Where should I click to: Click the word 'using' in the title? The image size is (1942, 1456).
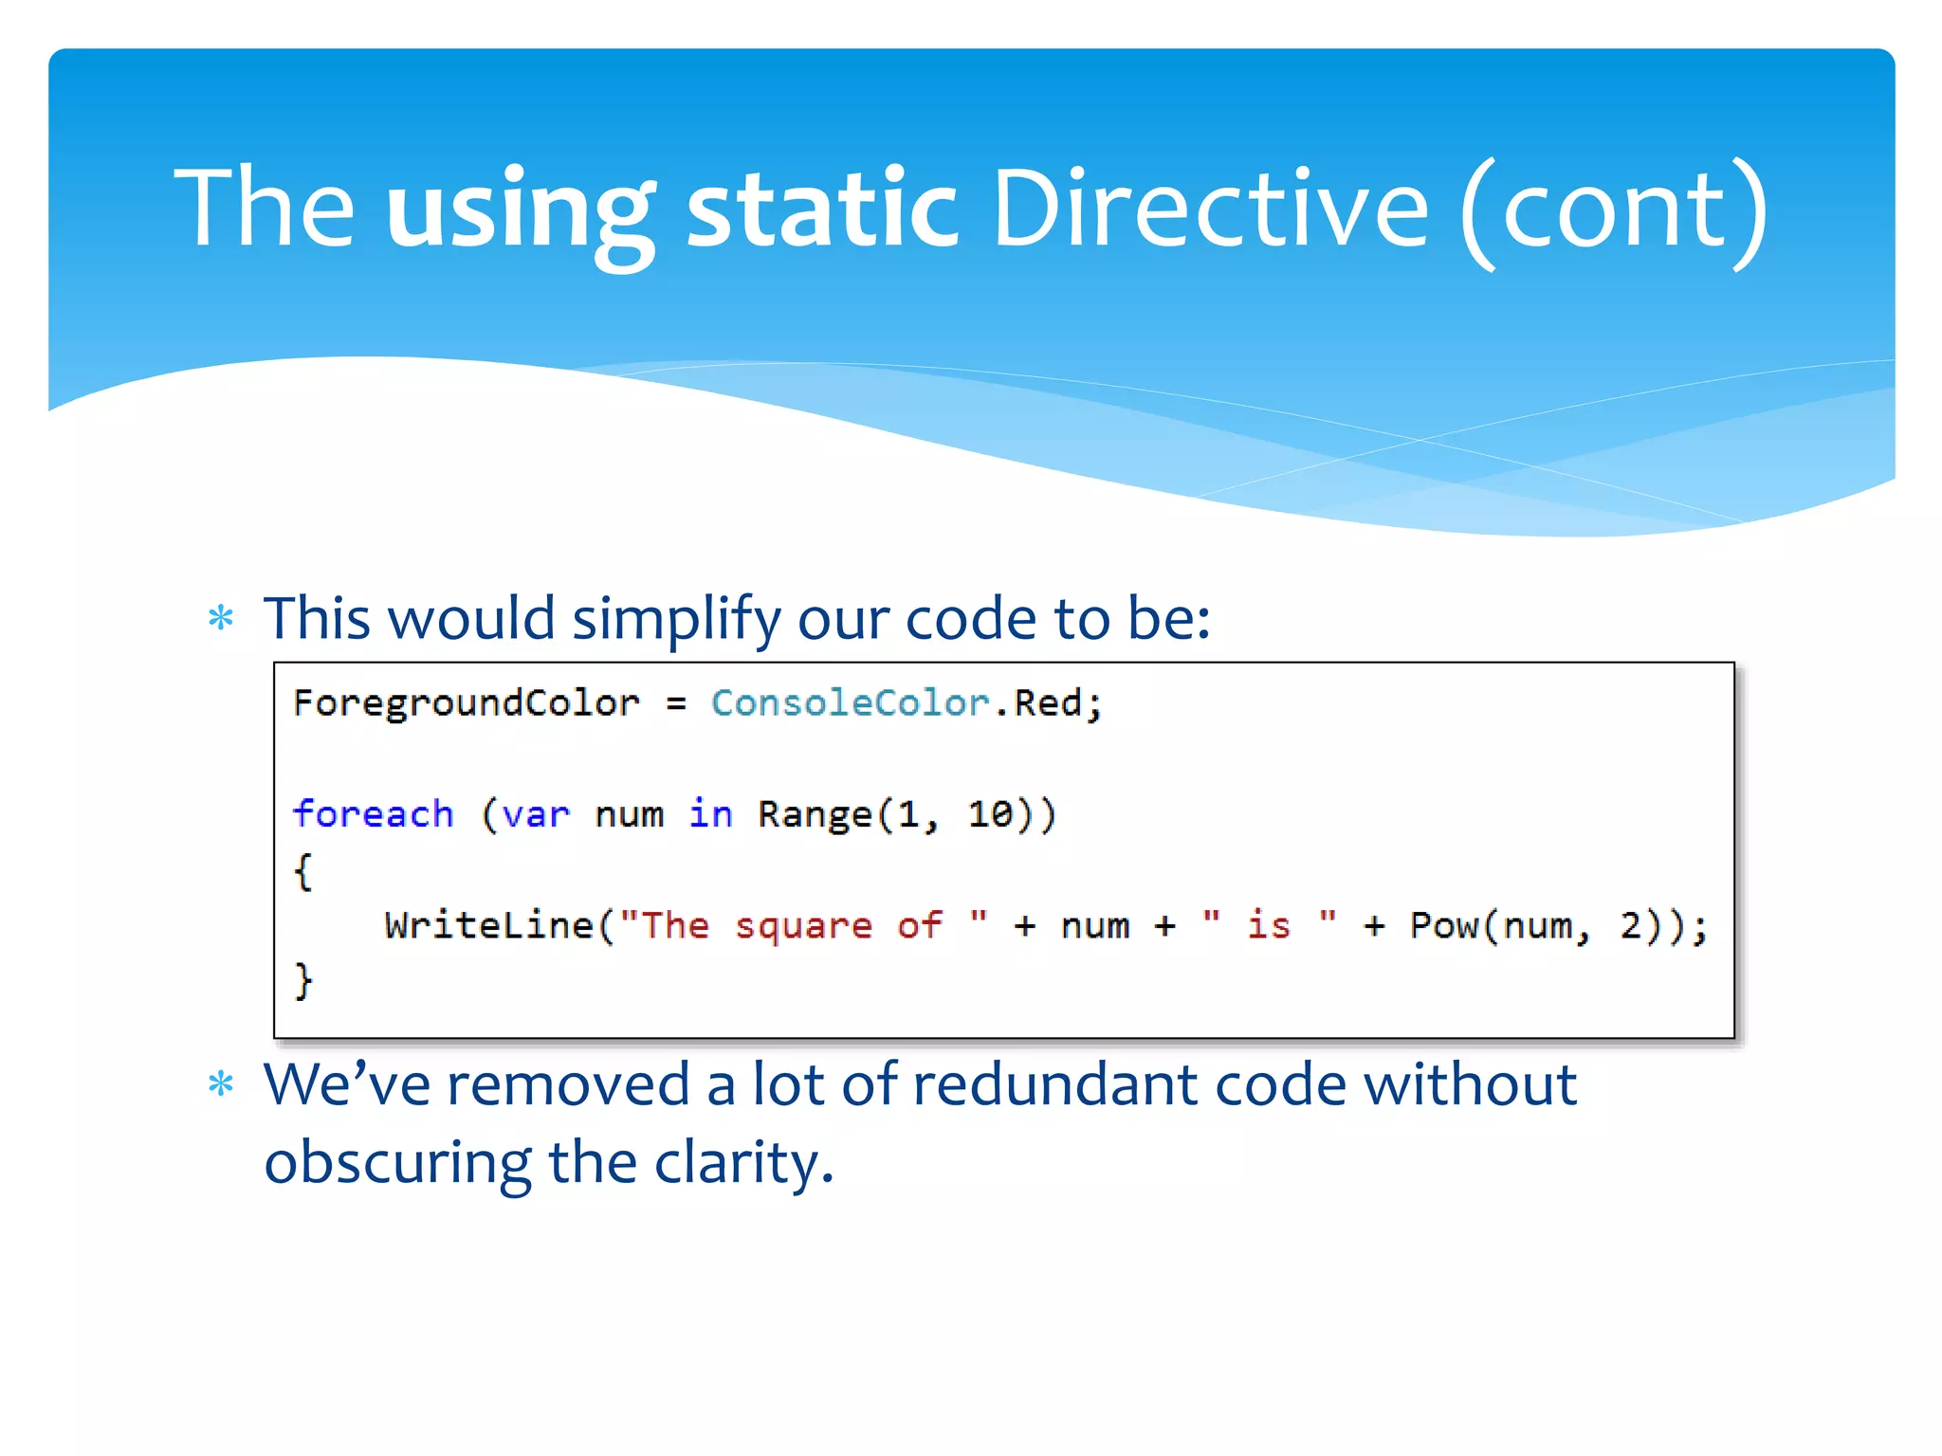tap(520, 210)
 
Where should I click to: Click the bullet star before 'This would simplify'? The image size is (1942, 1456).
tap(221, 619)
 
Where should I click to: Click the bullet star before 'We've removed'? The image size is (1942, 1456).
tap(221, 1083)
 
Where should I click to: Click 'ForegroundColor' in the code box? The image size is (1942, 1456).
tap(467, 704)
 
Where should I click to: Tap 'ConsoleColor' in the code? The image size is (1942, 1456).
tap(851, 703)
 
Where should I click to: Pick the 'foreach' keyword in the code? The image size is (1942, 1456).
tap(373, 814)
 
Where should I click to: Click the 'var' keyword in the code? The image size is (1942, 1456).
tap(536, 815)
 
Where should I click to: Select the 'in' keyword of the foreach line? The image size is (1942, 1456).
tap(710, 814)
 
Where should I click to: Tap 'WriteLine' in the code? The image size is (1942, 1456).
tap(489, 925)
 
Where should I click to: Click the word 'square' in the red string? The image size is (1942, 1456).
tap(803, 926)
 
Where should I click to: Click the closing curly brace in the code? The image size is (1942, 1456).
tap(303, 980)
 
